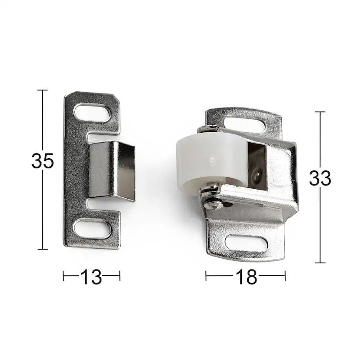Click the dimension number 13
click(x=91, y=277)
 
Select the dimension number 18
click(x=246, y=277)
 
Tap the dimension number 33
click(x=320, y=178)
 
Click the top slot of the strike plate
click(x=93, y=113)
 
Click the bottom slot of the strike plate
click(x=93, y=228)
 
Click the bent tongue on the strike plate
click(x=112, y=170)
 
